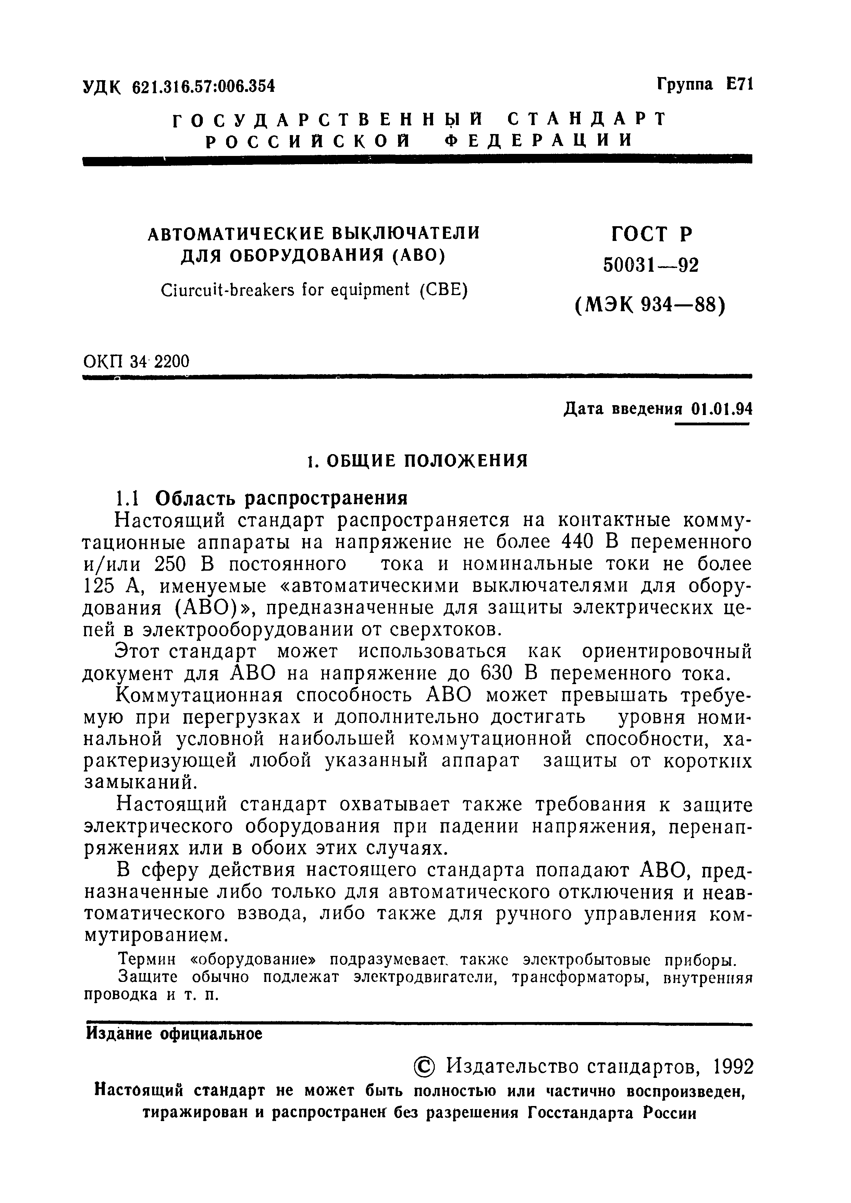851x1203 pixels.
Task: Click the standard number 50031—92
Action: [x=651, y=266]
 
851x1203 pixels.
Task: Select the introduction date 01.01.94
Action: [x=721, y=408]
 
